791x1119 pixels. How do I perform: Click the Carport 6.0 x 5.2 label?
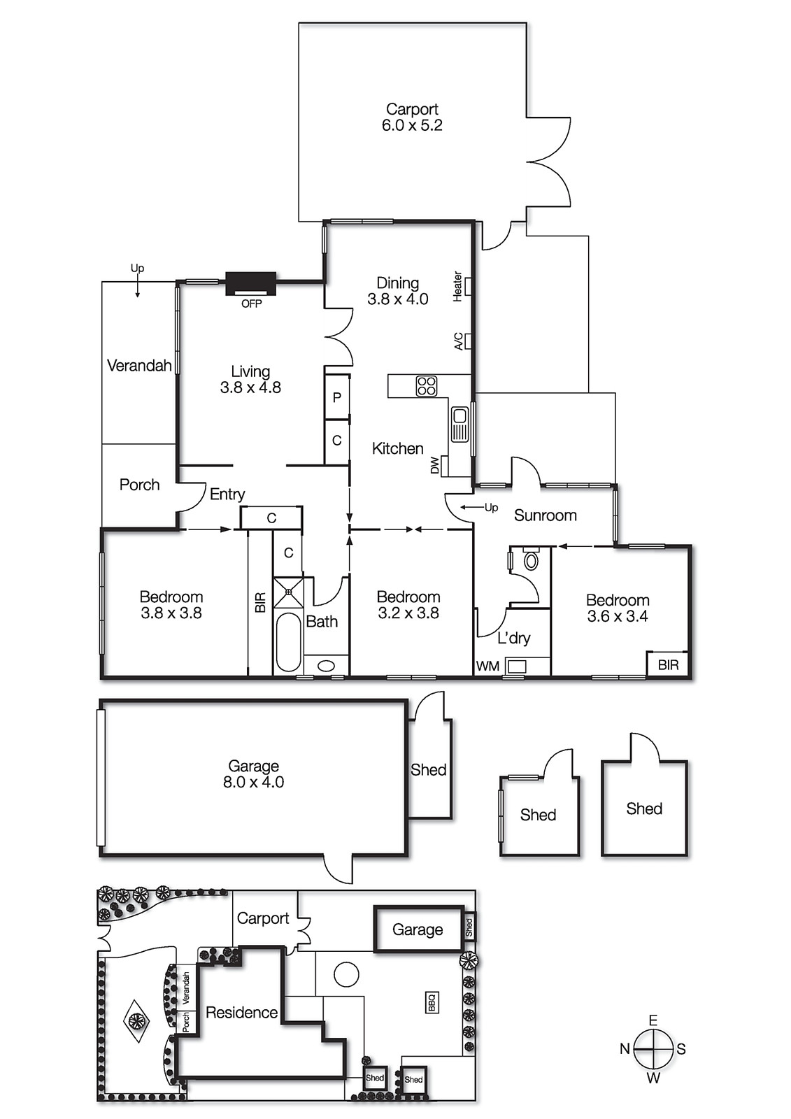click(x=412, y=117)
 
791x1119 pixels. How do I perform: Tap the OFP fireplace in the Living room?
click(x=251, y=285)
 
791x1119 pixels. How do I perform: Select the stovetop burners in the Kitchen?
click(x=427, y=386)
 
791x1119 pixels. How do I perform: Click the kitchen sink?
click(x=459, y=425)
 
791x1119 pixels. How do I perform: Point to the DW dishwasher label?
click(x=435, y=465)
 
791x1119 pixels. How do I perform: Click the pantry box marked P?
click(x=337, y=397)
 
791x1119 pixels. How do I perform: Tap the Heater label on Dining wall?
click(x=458, y=286)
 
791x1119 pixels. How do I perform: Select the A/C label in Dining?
click(x=458, y=341)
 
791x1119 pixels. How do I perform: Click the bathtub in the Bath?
click(x=287, y=642)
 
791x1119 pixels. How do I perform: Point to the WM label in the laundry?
click(x=487, y=667)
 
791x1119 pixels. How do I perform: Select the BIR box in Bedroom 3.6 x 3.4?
click(x=668, y=664)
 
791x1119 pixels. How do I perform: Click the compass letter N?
click(x=625, y=1049)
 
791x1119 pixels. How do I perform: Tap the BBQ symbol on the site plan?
click(x=432, y=1002)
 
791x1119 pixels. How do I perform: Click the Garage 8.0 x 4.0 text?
click(x=253, y=774)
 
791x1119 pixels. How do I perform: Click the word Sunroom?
click(x=545, y=515)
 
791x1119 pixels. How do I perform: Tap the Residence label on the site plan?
click(x=241, y=1013)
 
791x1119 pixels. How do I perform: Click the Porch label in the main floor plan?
click(x=139, y=485)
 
